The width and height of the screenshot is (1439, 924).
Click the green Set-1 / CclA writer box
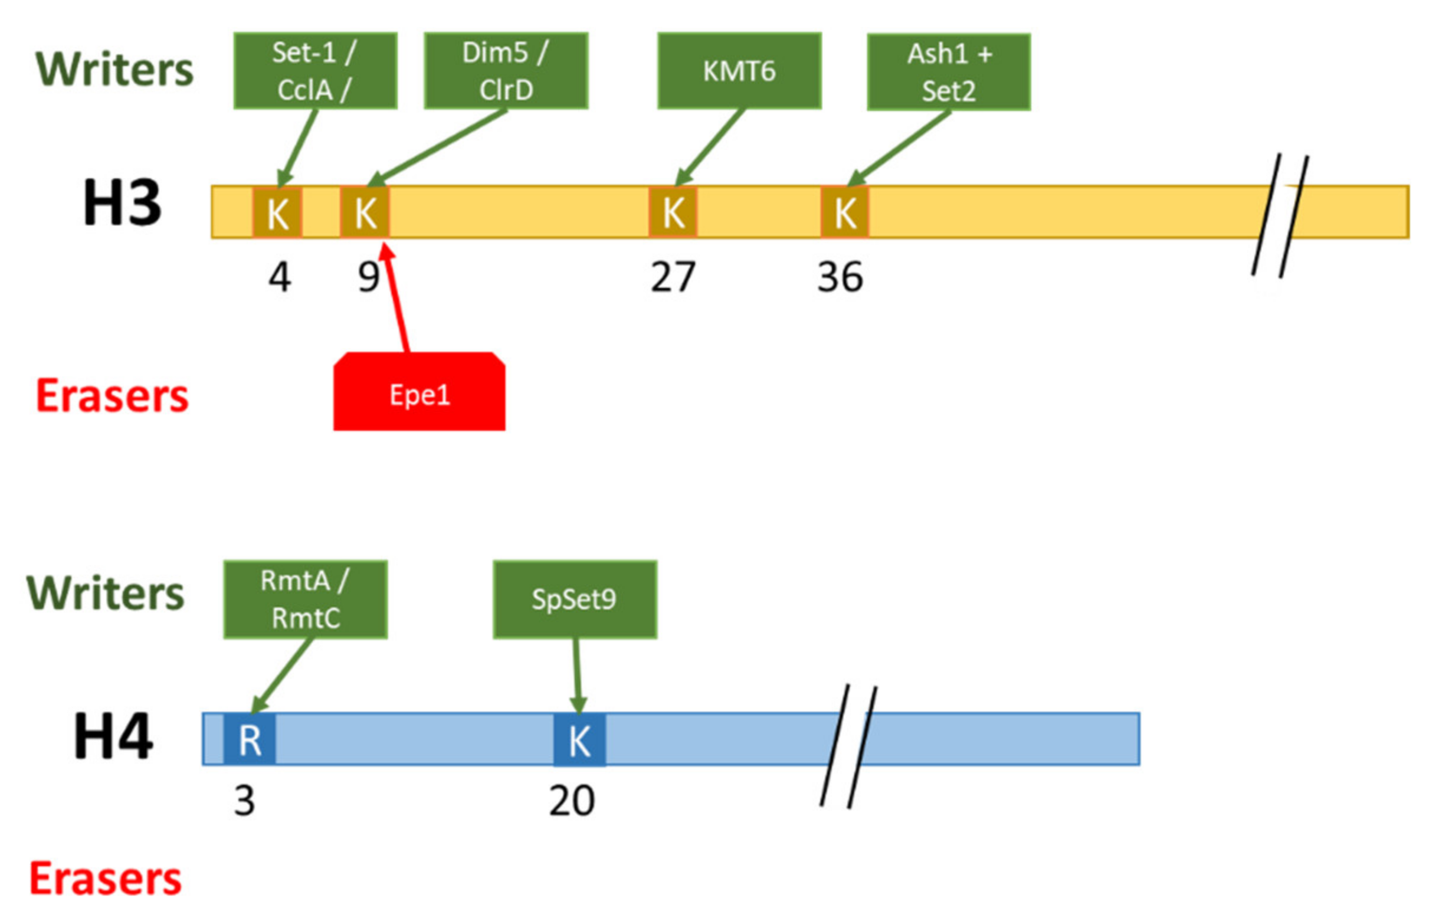click(315, 71)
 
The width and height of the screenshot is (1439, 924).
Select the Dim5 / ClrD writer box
click(506, 71)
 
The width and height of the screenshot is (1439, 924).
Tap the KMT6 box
click(739, 71)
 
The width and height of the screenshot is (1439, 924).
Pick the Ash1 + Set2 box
click(949, 72)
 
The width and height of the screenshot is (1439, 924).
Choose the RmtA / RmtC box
click(305, 599)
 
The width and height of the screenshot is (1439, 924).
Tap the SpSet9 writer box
click(575, 599)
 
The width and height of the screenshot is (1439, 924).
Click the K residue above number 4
click(277, 212)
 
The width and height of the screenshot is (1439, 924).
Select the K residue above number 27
click(673, 212)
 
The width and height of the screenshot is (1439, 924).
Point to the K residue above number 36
click(844, 212)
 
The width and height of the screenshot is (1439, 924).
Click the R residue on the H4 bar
click(250, 740)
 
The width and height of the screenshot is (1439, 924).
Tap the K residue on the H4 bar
click(579, 740)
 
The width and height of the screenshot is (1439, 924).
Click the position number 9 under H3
click(368, 277)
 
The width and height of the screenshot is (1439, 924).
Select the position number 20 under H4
click(572, 801)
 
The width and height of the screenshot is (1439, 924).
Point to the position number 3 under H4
click(244, 801)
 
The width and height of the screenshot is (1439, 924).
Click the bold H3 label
click(122, 203)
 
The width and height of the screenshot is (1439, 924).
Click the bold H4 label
click(113, 737)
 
